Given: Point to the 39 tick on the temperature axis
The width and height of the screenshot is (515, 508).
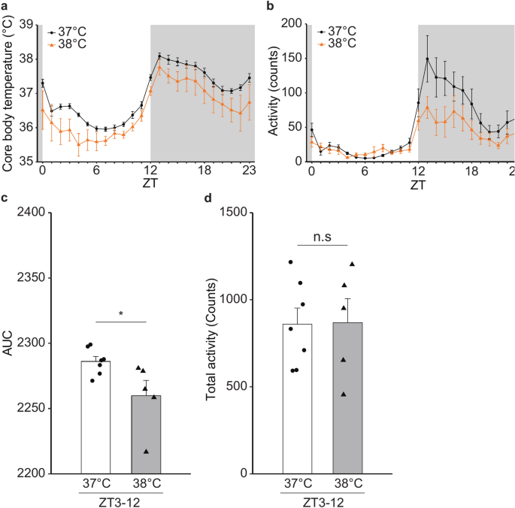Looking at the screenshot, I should coord(27,25).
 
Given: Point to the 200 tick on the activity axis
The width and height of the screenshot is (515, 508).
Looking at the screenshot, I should coord(291,25).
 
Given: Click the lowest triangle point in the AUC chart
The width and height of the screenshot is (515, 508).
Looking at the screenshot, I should coord(146,452).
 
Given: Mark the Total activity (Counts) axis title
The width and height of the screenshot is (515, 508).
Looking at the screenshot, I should coord(212,343).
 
